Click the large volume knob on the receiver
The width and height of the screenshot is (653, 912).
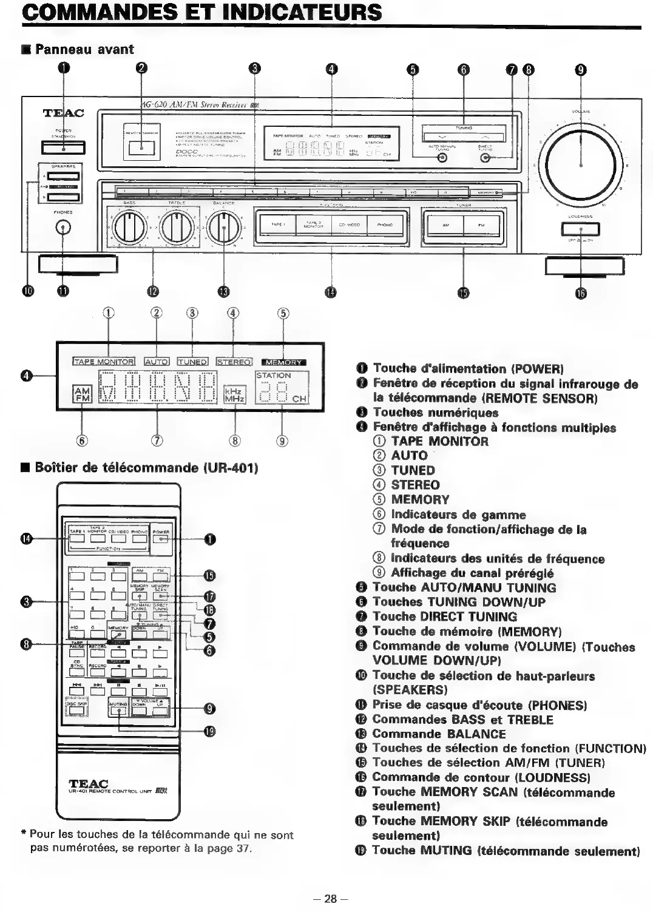581,163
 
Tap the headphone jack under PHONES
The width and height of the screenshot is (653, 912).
63,228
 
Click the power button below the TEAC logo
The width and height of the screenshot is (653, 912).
63,147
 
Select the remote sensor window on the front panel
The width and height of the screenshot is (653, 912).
142,146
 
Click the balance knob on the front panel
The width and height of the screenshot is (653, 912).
223,228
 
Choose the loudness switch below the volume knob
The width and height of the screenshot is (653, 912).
581,229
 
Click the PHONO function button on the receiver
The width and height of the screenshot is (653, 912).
385,225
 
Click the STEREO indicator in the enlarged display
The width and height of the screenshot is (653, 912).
234,362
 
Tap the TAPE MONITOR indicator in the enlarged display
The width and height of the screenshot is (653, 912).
104,362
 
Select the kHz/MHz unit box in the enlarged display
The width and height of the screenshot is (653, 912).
234,395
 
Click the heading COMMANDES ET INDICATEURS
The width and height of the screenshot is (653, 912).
202,12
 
